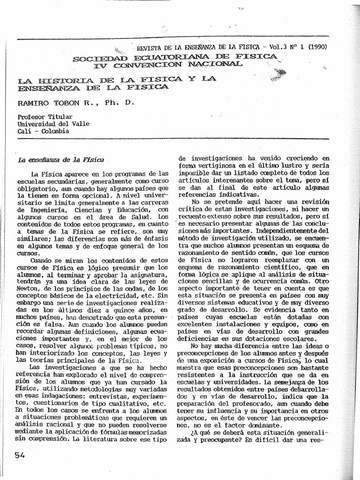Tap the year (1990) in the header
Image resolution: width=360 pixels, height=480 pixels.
tap(316, 47)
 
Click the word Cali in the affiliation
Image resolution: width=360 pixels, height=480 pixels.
tap(25, 131)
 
